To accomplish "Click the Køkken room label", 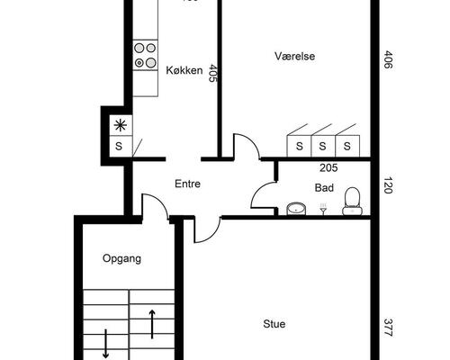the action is [184, 70].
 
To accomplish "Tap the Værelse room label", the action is [294, 56].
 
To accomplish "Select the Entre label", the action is [187, 184].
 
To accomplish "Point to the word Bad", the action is [324, 188].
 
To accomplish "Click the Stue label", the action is [274, 324].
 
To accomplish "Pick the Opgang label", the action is [121, 258].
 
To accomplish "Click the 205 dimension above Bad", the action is [328, 168].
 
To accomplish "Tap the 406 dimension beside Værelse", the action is [388, 59].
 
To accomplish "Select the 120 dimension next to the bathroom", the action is [388, 185].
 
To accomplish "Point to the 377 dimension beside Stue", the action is [388, 328].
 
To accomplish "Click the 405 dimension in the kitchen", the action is [212, 73].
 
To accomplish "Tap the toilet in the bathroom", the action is [352, 201].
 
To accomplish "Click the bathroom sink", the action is [296, 209].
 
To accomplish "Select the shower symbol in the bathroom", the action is [323, 209].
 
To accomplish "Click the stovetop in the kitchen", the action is [146, 55].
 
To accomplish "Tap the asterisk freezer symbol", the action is [121, 125].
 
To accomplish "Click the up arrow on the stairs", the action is [152, 324].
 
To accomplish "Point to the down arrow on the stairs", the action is [105, 344].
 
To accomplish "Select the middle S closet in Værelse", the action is [323, 146].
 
